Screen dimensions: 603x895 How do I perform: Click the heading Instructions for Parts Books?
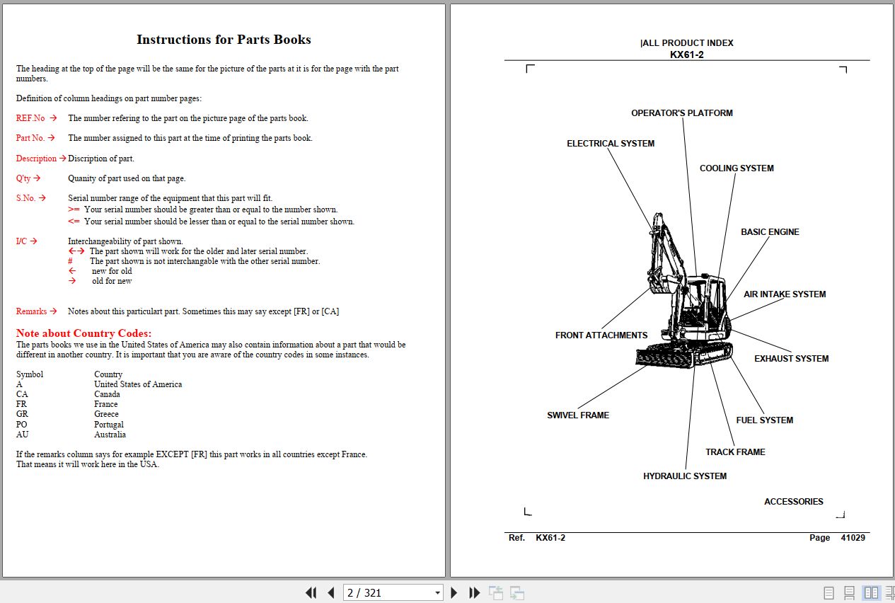224,40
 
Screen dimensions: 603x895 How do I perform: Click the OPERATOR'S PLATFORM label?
681,113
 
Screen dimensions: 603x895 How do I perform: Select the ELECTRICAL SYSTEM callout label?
610,144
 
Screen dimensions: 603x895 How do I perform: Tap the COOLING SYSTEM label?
736,168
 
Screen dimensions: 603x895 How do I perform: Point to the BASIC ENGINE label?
770,232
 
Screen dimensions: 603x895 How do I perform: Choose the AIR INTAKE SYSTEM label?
784,294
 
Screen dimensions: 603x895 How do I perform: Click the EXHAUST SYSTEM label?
791,359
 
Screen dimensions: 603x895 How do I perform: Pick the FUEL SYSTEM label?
764,420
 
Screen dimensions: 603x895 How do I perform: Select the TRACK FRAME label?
735,452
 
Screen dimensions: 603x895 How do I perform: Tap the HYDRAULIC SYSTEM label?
684,476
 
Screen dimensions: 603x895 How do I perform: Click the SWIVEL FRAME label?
577,415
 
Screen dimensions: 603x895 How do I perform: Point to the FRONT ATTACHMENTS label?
601,335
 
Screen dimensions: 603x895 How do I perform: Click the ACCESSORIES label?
793,502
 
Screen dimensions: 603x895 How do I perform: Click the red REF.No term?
30,118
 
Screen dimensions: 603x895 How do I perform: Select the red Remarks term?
31,311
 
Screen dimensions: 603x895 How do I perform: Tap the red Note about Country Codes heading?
83,333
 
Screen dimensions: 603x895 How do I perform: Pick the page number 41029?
853,538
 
